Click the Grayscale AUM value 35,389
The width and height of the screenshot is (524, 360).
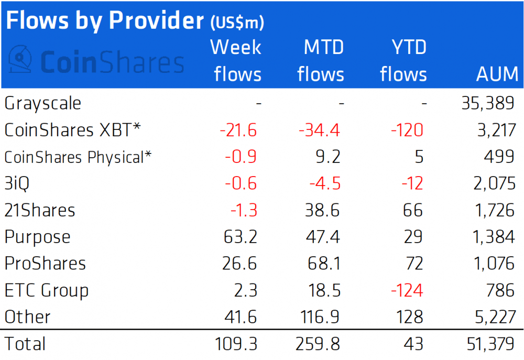coord(485,103)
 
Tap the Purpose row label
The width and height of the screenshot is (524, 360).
coord(37,237)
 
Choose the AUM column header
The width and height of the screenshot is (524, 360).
coord(496,74)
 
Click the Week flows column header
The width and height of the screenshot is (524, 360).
coord(236,61)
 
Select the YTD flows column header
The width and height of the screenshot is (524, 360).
coord(403,61)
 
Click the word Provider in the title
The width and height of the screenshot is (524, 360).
coord(155,20)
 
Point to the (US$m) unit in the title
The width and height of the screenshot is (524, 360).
coord(236,23)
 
